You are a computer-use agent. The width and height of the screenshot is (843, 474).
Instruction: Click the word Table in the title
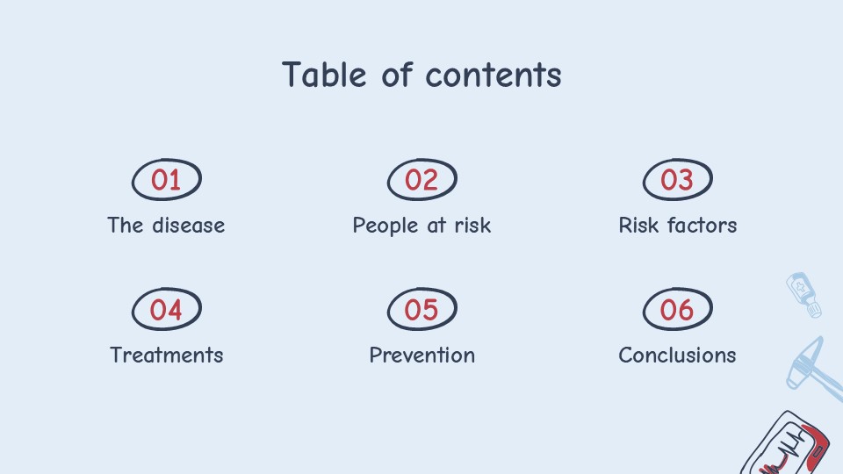click(x=324, y=74)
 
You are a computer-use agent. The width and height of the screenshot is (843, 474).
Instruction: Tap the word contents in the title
click(x=494, y=75)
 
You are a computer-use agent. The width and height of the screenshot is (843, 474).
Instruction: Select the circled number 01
click(x=167, y=179)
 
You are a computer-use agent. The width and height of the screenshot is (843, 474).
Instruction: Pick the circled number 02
click(x=422, y=179)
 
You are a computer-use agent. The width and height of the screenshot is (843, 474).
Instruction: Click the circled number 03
click(x=677, y=179)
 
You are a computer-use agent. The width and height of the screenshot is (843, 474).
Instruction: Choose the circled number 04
click(x=167, y=309)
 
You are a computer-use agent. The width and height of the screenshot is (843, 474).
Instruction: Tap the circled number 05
click(x=422, y=309)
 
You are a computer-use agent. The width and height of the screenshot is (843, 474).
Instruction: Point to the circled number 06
click(x=677, y=309)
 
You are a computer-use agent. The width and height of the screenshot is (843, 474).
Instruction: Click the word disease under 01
click(x=188, y=226)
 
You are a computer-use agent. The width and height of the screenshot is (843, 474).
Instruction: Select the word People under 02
click(x=385, y=226)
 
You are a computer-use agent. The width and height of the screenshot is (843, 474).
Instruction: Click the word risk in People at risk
click(x=472, y=226)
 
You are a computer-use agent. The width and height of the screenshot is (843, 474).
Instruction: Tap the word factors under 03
click(x=702, y=226)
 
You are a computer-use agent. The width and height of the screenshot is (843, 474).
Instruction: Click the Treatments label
click(x=167, y=355)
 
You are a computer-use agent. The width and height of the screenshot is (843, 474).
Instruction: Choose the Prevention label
click(x=422, y=355)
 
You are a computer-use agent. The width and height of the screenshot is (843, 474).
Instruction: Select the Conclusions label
click(x=677, y=355)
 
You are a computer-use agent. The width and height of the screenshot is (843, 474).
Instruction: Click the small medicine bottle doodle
click(x=803, y=295)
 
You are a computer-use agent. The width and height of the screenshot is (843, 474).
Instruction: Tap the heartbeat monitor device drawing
click(x=786, y=443)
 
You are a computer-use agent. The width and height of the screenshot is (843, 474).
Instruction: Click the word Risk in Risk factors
click(x=638, y=226)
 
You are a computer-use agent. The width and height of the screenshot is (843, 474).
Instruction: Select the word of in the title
click(x=397, y=74)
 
